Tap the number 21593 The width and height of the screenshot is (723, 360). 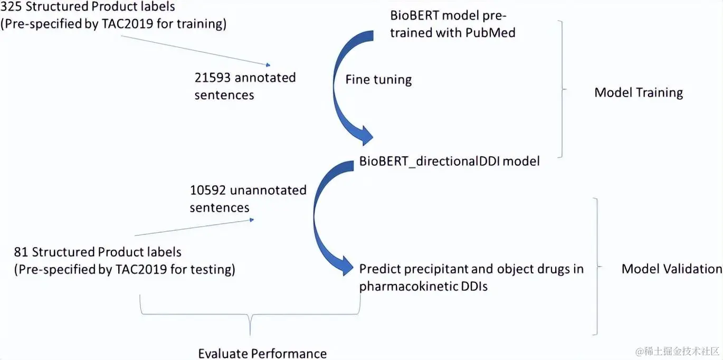(x=212, y=78)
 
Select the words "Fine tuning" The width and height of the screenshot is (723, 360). (x=378, y=80)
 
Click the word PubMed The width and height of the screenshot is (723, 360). (x=490, y=33)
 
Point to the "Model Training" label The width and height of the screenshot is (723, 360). (x=639, y=93)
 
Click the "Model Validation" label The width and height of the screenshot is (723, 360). (x=671, y=269)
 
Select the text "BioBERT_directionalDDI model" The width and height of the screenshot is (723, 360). (x=450, y=161)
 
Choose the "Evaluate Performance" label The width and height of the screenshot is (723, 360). (x=262, y=353)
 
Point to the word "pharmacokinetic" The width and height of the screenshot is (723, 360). (x=407, y=286)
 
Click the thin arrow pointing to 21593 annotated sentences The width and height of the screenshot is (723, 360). (x=195, y=51)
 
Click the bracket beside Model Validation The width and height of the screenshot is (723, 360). (x=597, y=267)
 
